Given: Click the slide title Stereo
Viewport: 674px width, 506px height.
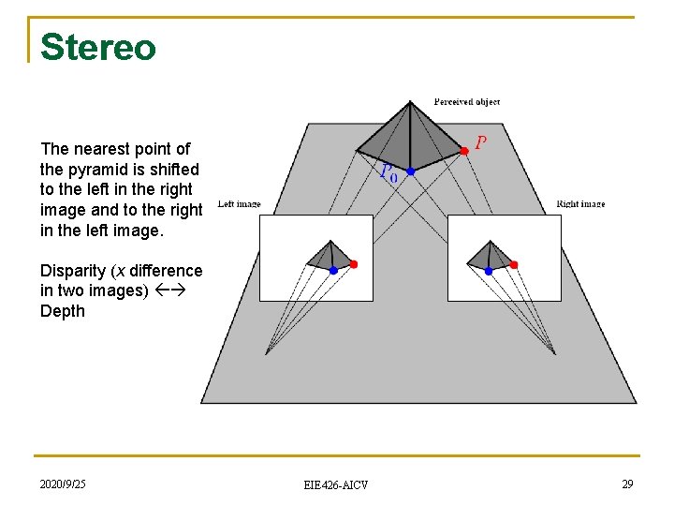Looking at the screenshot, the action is (97, 46).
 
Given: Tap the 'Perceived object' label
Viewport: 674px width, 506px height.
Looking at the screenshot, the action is (466, 101).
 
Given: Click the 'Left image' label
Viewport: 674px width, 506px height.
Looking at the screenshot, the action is (239, 203).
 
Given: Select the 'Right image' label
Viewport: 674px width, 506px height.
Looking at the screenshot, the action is (580, 203).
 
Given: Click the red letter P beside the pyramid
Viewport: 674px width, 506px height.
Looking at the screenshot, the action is (480, 142).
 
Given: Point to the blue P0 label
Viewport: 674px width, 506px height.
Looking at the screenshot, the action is (388, 173).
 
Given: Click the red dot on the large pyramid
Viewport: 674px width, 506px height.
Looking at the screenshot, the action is (463, 150).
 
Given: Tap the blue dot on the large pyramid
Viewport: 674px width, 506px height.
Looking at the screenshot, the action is (410, 171).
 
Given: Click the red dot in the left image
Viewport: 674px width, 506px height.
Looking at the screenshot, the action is (353, 264).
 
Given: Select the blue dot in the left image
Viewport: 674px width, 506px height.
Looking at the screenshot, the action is (333, 270).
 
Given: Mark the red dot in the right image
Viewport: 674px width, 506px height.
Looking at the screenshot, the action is (513, 264).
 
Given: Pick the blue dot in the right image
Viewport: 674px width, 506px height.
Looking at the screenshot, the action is (488, 270).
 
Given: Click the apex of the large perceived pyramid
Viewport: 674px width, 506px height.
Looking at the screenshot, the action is (410, 102).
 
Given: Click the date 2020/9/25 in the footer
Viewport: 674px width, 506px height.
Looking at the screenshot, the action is (63, 484).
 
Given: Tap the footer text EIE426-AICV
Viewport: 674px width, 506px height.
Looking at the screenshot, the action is (336, 484).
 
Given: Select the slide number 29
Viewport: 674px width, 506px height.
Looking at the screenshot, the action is (627, 484).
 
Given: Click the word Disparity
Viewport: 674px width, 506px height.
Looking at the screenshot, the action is (73, 271).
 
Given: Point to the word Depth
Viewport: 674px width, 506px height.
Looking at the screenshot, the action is (63, 311).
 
